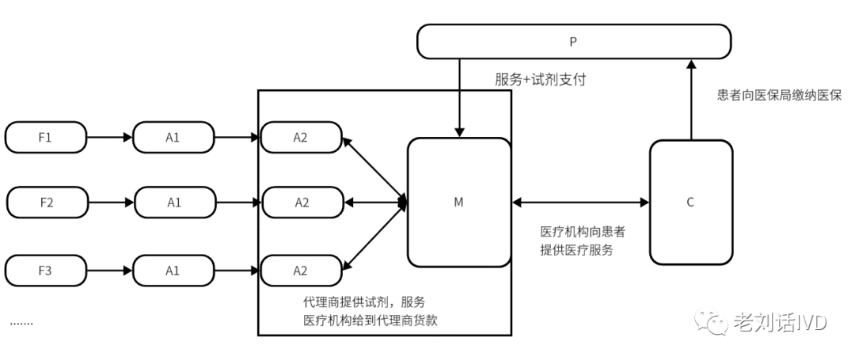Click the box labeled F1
(x=45, y=137)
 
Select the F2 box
(x=45, y=202)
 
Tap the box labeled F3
(x=45, y=271)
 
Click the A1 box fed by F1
(x=173, y=137)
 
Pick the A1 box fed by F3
(x=173, y=271)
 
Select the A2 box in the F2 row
(x=301, y=202)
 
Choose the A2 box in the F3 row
(x=301, y=271)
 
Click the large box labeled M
(x=458, y=203)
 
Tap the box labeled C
(x=690, y=203)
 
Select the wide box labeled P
(x=573, y=41)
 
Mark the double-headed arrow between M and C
(x=580, y=203)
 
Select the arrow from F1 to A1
(x=109, y=137)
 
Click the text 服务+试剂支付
(x=540, y=80)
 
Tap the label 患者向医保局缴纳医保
(x=779, y=96)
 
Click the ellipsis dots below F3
(x=21, y=322)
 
